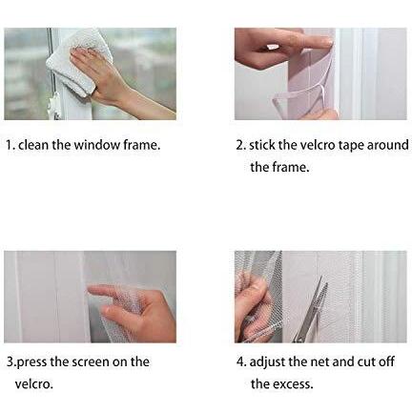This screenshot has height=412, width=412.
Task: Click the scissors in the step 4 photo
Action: [x=312, y=310]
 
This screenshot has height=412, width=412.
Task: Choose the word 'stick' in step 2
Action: [x=262, y=145]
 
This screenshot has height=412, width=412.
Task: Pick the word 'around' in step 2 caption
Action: [x=388, y=145]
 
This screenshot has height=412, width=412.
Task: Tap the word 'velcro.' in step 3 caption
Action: [x=34, y=384]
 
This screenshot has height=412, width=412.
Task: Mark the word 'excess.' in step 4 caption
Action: [x=293, y=384]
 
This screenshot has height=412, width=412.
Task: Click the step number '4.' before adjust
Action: [x=241, y=362]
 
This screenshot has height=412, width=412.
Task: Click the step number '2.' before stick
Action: [x=241, y=145]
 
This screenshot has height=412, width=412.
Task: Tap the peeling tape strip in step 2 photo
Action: [x=298, y=95]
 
